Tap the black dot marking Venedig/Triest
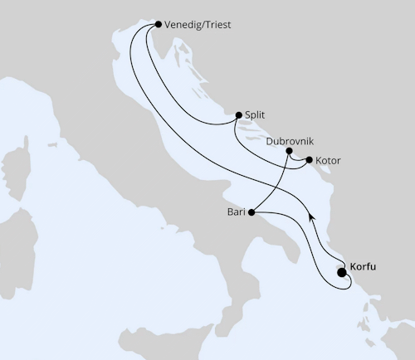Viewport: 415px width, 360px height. tap(159, 25)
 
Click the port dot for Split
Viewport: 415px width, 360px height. tap(238, 115)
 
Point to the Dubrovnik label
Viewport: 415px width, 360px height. tap(290, 141)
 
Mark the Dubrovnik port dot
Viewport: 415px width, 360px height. tap(289, 151)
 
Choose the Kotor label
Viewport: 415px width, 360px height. tap(329, 159)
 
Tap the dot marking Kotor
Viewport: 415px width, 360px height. tap(309, 159)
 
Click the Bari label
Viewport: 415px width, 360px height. tap(236, 212)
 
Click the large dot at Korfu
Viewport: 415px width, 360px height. tap(342, 272)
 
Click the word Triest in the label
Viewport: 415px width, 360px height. tap(216, 25)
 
